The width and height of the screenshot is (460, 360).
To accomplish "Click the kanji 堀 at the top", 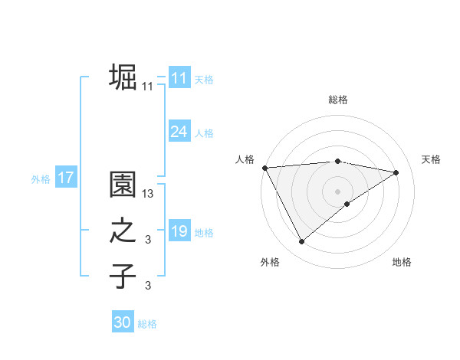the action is (x=123, y=77).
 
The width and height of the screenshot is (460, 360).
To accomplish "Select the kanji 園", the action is (x=123, y=185).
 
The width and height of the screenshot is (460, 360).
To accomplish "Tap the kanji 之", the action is (x=123, y=231).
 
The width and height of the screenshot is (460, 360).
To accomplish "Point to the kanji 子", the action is (x=123, y=276).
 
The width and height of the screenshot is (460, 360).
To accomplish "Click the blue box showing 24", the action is (x=179, y=132).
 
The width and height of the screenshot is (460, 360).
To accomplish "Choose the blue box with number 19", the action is (x=179, y=231).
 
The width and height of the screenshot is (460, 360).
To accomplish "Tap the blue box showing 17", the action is (x=65, y=178).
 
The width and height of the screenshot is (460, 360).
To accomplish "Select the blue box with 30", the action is (x=123, y=322).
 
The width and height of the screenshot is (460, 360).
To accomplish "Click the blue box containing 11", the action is (x=179, y=78).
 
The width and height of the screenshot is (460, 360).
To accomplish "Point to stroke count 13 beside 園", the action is (x=148, y=194).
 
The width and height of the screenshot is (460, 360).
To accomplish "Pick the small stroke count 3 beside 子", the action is (x=148, y=286).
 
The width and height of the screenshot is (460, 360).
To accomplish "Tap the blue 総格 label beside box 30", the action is (x=147, y=324).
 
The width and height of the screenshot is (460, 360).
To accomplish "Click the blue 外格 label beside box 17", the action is (x=41, y=179).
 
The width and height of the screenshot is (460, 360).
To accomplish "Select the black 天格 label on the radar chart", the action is (x=431, y=159).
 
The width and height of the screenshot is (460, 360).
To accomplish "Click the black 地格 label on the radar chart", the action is (x=402, y=262).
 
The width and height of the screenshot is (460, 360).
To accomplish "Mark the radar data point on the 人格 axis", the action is (x=264, y=167).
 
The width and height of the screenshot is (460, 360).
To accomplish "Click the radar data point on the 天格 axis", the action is (x=396, y=172).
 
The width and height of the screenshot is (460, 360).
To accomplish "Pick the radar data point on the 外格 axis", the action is (x=301, y=242).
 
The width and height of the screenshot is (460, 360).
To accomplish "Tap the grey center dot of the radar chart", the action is (x=337, y=191).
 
